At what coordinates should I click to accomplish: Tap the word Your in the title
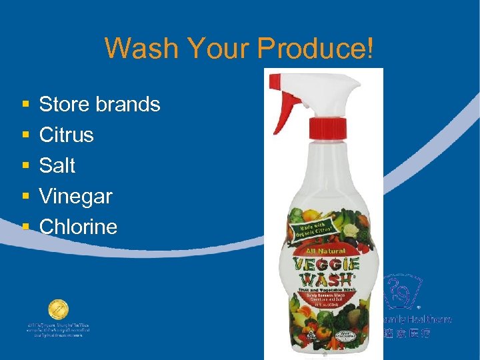(213, 48)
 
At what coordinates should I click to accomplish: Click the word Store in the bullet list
(64, 105)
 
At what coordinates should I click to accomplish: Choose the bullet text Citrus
(67, 135)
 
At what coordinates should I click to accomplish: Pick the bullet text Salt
(57, 165)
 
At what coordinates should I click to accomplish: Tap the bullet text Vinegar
(75, 196)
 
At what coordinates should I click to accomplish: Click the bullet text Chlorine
(78, 227)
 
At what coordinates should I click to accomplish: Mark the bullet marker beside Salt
(25, 166)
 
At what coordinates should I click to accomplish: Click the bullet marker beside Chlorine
(25, 227)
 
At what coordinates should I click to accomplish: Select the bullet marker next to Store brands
(25, 105)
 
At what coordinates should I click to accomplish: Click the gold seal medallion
(58, 310)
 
